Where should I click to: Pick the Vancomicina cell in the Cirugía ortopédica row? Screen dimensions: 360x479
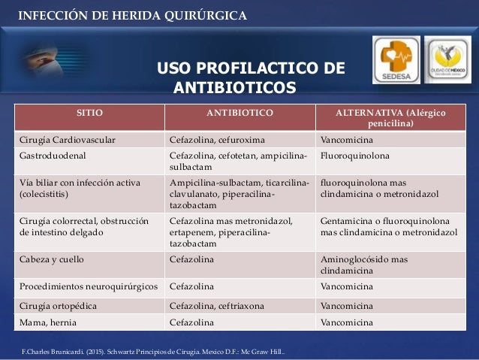[346, 306]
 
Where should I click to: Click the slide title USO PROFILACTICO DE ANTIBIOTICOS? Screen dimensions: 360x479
[251, 80]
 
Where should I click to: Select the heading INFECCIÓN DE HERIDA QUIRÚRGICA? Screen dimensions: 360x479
[131, 16]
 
